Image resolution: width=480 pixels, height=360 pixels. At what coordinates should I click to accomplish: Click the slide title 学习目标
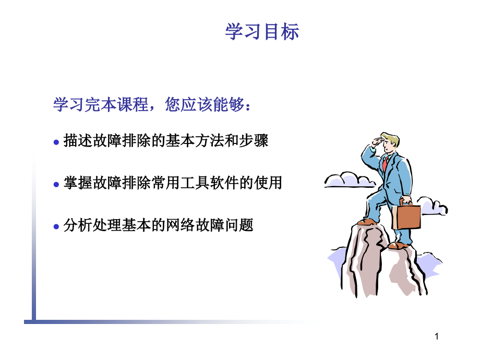pos(262,31)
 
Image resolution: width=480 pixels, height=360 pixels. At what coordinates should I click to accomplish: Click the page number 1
pos(437,337)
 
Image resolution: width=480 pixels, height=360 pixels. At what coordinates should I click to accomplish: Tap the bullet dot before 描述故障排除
pos(56,142)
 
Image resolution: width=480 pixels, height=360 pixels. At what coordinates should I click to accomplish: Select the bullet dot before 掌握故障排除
pos(56,184)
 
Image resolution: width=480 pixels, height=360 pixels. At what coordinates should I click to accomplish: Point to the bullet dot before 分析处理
pos(56,226)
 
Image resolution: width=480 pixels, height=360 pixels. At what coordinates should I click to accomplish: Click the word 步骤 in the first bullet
pos(254,141)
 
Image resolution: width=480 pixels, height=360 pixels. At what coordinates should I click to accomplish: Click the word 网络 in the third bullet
pos(181,225)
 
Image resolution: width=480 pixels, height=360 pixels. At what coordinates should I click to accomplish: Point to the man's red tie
pos(385,164)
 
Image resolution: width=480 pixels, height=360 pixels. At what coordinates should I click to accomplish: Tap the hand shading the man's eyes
pos(378,142)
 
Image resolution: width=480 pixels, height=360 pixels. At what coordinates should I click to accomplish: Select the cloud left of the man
pos(349,180)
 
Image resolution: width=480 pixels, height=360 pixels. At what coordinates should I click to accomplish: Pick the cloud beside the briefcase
pos(432,206)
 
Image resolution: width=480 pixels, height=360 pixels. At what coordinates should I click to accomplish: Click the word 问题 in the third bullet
pos(239,225)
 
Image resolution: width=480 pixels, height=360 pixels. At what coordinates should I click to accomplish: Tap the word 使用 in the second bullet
pos(268,183)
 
